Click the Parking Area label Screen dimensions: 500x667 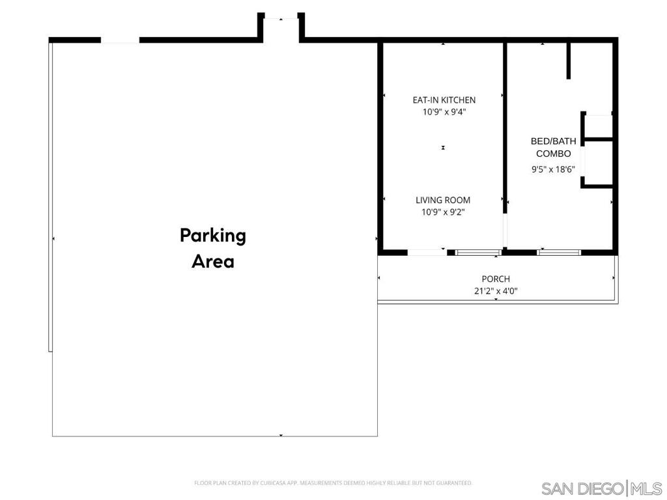pyautogui.click(x=213, y=248)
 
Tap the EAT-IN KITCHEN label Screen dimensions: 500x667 pyautogui.click(x=444, y=100)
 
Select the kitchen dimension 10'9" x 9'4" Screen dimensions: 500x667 pyautogui.click(x=444, y=112)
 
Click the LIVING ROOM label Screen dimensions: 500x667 pyautogui.click(x=443, y=201)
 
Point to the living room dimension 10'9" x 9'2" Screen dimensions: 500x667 pyautogui.click(x=443, y=212)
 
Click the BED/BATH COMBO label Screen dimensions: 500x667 pyautogui.click(x=553, y=147)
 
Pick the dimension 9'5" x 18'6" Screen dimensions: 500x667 pyautogui.click(x=553, y=169)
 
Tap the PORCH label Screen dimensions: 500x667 pyautogui.click(x=496, y=279)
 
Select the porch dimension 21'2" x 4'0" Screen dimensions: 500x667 pyautogui.click(x=496, y=291)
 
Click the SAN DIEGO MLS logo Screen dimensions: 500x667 pyautogui.click(x=601, y=488)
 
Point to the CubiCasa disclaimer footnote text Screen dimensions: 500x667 pyautogui.click(x=333, y=483)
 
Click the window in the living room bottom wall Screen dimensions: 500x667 pyautogui.click(x=478, y=252)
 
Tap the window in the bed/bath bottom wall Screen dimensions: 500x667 pyautogui.click(x=558, y=252)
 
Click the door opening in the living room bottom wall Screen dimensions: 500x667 pyautogui.click(x=427, y=252)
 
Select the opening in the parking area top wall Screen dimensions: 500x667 pyautogui.click(x=120, y=40)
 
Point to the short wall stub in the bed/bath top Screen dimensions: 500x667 pyautogui.click(x=569, y=61)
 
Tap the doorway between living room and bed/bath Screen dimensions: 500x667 pyautogui.click(x=505, y=232)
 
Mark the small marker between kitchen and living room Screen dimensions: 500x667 pyautogui.click(x=443, y=148)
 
